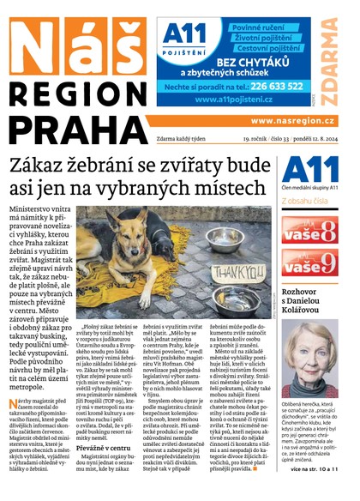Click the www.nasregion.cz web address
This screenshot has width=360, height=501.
click(298, 122)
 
